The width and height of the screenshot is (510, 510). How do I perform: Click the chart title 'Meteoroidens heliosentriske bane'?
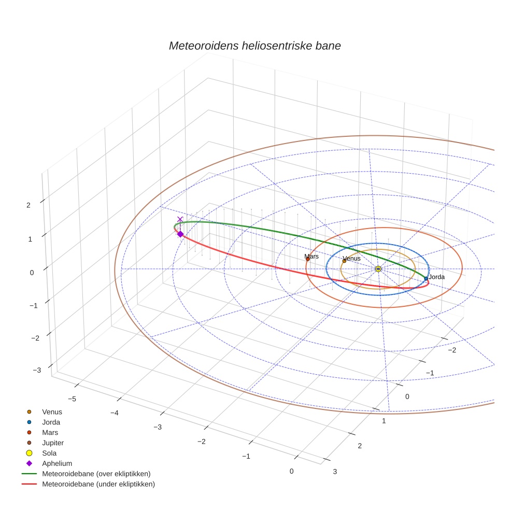point(254,46)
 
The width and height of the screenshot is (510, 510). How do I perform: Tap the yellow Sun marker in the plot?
point(378,268)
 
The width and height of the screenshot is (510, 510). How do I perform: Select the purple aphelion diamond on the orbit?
point(180,234)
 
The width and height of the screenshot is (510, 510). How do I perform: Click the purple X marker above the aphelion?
point(180,219)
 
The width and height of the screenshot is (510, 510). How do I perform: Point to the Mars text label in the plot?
point(311,257)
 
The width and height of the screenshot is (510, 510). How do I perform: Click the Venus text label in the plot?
point(351,258)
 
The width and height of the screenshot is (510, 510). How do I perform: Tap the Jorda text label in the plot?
point(436,277)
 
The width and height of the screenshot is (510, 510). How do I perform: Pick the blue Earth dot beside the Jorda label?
point(426,278)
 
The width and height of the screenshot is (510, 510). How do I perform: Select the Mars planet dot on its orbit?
point(308,259)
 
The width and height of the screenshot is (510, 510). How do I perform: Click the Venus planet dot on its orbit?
point(344,261)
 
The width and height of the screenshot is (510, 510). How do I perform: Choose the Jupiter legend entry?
point(53,443)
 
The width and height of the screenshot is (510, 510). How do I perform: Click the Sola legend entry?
point(49,453)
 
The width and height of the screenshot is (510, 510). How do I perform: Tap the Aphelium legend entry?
point(56,463)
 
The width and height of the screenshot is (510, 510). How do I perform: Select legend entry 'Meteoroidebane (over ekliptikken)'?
point(96,474)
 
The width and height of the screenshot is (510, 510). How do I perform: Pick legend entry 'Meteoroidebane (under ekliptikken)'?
point(98,484)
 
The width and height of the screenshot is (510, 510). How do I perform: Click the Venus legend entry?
point(52,412)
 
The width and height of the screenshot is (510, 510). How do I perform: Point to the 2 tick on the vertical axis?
point(29,205)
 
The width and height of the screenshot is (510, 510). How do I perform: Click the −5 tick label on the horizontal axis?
point(72,399)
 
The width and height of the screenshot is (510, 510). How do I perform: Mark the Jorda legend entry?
point(51,422)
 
